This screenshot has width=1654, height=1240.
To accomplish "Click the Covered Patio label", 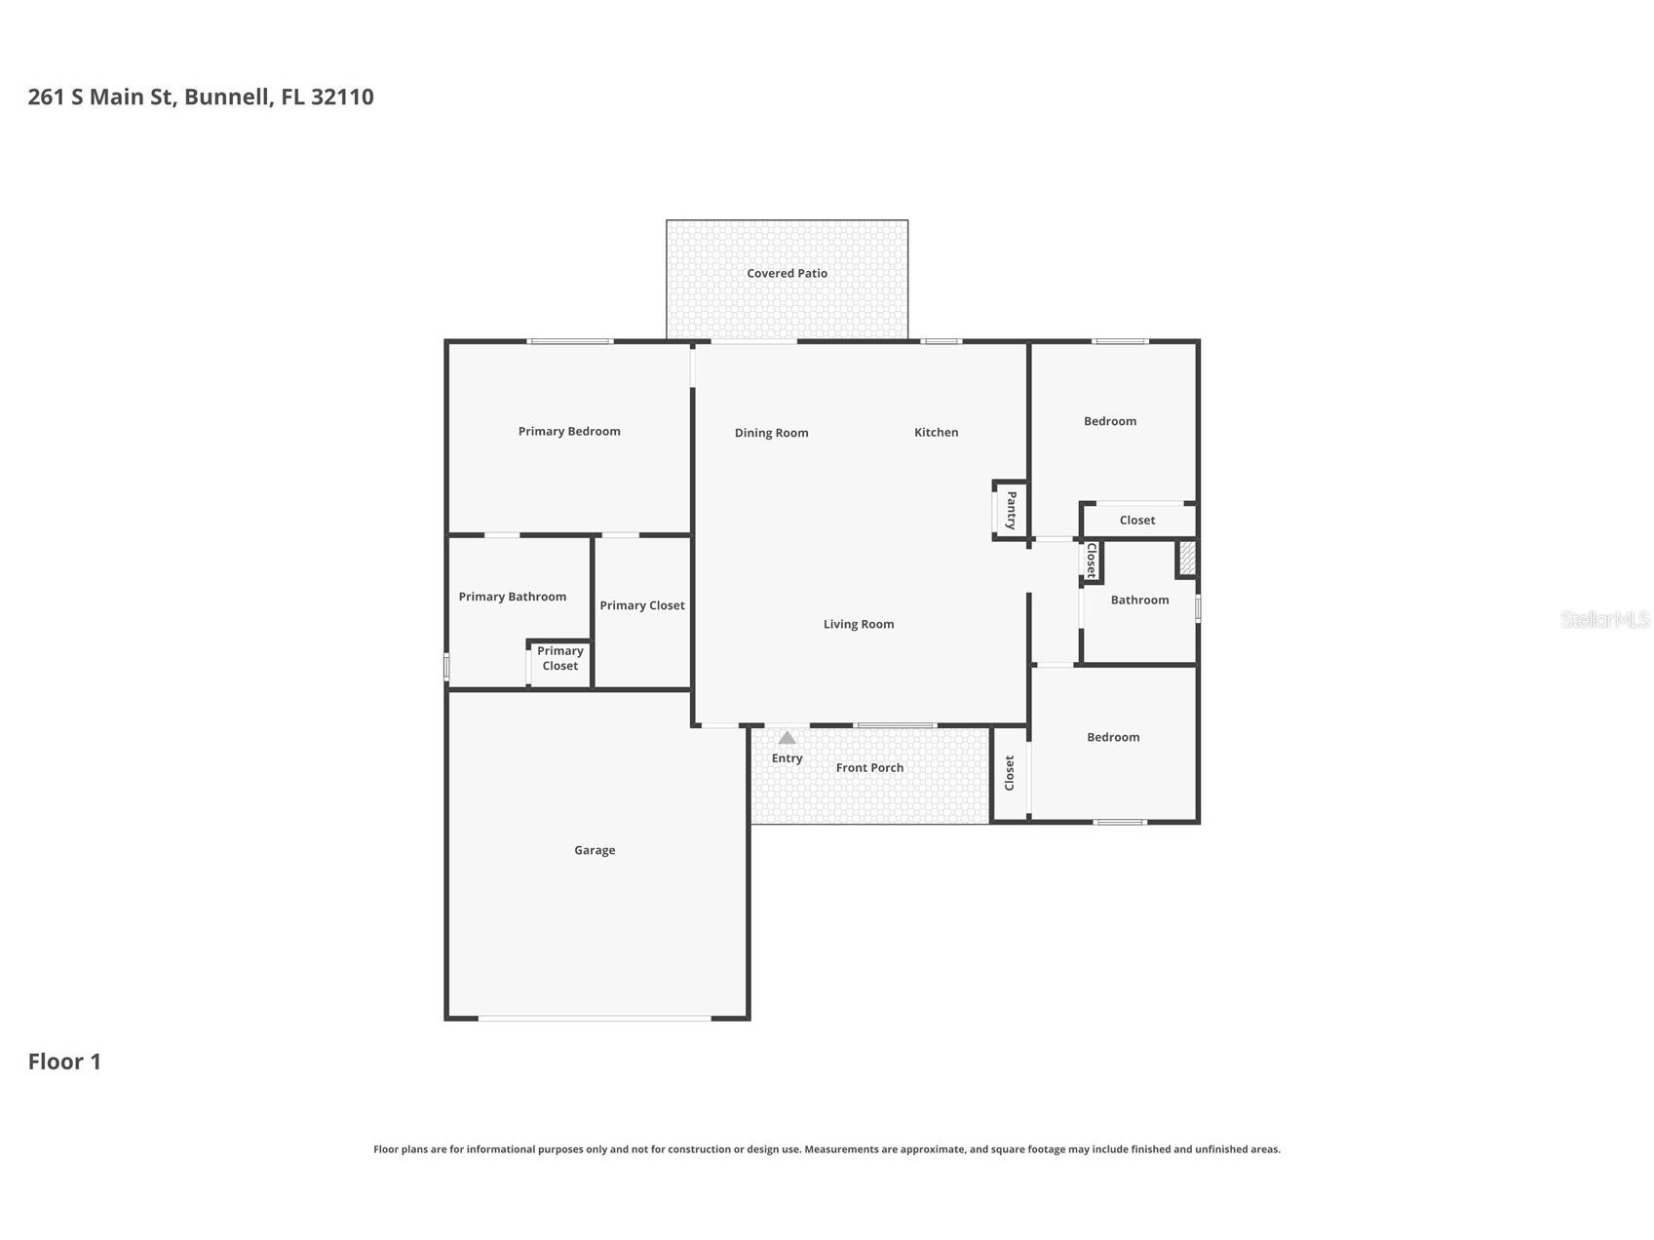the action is pos(787,274).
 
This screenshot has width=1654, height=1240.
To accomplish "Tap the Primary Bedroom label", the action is pos(569,432).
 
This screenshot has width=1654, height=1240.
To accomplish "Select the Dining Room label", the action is pos(771,433).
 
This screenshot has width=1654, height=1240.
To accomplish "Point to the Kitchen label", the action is pos(936,433).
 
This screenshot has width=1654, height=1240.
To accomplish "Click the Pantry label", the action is pos(1011,510).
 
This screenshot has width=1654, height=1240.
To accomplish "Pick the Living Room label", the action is pos(858,625).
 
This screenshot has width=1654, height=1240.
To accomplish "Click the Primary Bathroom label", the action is pos(512,597).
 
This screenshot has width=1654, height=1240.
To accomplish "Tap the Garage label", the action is pos(595,851).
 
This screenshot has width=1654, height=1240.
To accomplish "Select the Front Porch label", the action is pos(869,768).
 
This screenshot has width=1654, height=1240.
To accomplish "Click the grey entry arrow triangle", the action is pos(787,738).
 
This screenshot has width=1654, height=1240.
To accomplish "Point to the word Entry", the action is pos(787,758).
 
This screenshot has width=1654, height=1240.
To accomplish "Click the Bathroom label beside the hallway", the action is pos(1139,601).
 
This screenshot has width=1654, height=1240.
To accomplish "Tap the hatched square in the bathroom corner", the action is pos(1187,559).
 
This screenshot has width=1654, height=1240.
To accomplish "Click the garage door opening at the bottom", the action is pos(595,1019).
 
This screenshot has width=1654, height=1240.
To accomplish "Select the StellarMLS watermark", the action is pos(1604,619).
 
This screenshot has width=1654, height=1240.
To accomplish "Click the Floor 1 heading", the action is pos(64,1062).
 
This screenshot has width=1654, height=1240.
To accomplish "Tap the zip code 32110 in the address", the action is pos(342,97).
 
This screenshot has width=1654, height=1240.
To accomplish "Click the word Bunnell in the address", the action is pos(228,97).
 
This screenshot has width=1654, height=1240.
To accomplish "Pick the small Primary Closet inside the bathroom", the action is pos(559,659).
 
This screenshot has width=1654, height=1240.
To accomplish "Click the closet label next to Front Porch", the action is pos(1010,773).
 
